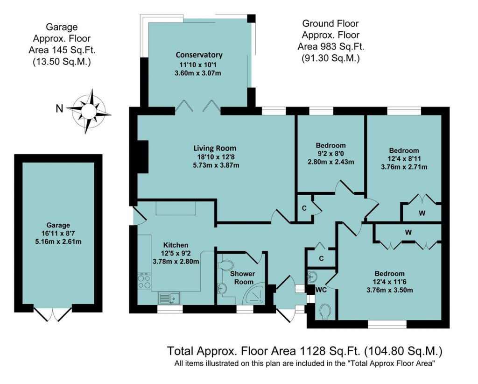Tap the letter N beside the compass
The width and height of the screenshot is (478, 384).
(59, 109)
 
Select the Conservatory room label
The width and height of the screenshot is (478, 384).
(196, 55)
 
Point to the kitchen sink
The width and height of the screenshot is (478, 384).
(168, 297)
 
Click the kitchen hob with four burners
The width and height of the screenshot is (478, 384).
(144, 281)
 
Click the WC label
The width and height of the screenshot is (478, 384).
(321, 290)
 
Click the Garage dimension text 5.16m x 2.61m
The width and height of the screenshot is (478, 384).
(58, 242)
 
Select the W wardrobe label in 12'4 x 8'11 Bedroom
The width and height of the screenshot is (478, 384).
(422, 213)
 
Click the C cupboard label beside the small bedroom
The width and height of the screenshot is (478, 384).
(303, 208)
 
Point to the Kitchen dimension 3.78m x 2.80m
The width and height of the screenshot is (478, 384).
(175, 261)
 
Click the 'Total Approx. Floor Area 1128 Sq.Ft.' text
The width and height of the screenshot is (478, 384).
(264, 350)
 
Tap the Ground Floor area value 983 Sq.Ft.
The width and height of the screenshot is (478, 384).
(331, 47)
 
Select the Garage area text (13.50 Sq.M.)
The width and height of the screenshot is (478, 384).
(62, 61)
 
